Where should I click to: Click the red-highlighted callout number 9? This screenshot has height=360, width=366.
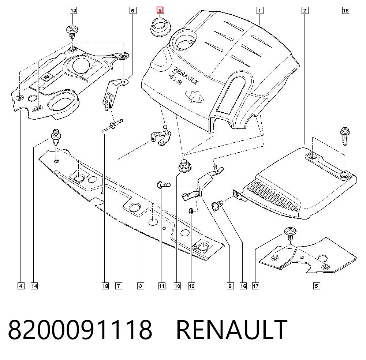pos(160,10)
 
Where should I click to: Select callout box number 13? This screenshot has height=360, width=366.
pos(73,11)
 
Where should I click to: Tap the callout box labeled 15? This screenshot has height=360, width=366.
pos(346,11)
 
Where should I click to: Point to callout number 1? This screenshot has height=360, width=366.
pos(259,11)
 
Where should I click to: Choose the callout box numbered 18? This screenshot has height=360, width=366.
pos(105,286)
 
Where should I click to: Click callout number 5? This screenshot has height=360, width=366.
pos(316,286)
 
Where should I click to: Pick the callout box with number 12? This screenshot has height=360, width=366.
pos(191,286)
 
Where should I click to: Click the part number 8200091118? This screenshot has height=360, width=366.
pos(80,329)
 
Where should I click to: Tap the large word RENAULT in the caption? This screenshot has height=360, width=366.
pos(232,329)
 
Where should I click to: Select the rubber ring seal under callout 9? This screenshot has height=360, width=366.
pos(160,26)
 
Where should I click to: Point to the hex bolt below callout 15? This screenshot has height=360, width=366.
pos(345,136)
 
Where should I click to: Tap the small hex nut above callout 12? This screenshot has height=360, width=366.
pos(191,211)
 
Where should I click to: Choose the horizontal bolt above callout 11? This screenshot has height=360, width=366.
pos(164,185)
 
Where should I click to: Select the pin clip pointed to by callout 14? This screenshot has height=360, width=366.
pos(56,137)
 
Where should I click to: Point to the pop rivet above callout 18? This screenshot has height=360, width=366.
pos(112,125)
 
